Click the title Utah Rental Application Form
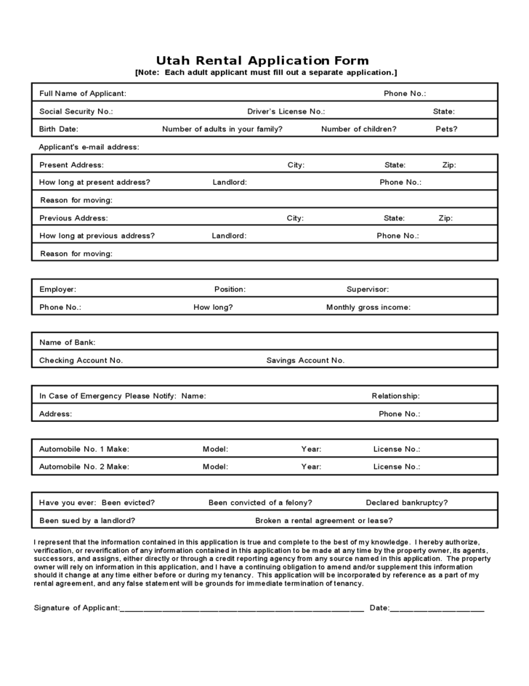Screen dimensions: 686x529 point(263,60)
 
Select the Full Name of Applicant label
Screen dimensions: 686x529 point(82,93)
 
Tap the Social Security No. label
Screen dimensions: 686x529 point(76,111)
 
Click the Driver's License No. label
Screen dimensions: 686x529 point(286,111)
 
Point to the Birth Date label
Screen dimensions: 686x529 point(58,129)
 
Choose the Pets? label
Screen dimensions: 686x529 point(446,129)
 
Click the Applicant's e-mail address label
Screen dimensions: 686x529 point(89,147)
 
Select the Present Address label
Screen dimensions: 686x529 point(71,164)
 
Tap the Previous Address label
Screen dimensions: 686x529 point(73,218)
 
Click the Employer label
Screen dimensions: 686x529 point(57,289)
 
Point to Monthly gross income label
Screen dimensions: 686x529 point(368,307)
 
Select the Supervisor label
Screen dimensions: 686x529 point(367,289)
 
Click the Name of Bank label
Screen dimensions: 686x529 point(67,342)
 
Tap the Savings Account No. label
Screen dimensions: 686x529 point(305,360)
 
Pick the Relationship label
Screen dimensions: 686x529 point(395,396)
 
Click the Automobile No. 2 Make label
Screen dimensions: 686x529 point(84,466)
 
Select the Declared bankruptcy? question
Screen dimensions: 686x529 point(406,502)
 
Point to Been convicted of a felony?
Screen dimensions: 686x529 point(260,502)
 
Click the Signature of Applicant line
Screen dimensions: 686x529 point(242,609)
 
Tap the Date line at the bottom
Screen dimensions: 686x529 point(437,609)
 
